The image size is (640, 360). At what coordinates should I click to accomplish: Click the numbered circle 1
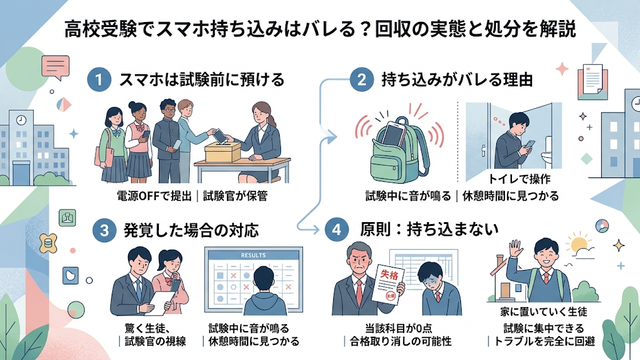click(x=99, y=79)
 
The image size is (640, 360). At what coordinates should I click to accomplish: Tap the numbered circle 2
click(x=362, y=79)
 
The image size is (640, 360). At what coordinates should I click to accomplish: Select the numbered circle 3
click(x=104, y=230)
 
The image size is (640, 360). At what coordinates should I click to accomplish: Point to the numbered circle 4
click(x=337, y=229)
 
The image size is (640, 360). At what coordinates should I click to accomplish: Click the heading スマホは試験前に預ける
click(x=202, y=80)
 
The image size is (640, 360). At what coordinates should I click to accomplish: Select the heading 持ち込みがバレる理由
click(x=457, y=80)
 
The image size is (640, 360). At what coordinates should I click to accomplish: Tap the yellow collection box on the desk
click(x=223, y=152)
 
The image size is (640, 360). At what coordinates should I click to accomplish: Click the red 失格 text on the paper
click(x=389, y=275)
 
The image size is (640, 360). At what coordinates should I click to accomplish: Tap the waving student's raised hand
click(x=516, y=249)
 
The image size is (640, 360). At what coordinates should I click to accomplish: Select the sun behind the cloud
click(x=579, y=244)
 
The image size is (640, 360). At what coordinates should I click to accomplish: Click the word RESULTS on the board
click(x=253, y=255)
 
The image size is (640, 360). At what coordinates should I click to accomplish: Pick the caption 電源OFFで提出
click(x=154, y=196)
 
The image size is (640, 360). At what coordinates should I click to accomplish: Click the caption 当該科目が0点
click(x=398, y=328)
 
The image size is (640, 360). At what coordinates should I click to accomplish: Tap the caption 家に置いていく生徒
click(x=544, y=312)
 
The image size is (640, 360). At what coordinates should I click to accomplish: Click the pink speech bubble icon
click(x=55, y=67)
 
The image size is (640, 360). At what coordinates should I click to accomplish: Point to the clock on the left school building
click(x=21, y=120)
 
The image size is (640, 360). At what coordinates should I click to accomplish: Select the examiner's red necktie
click(x=359, y=293)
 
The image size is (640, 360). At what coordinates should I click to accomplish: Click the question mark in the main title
click(x=363, y=29)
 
